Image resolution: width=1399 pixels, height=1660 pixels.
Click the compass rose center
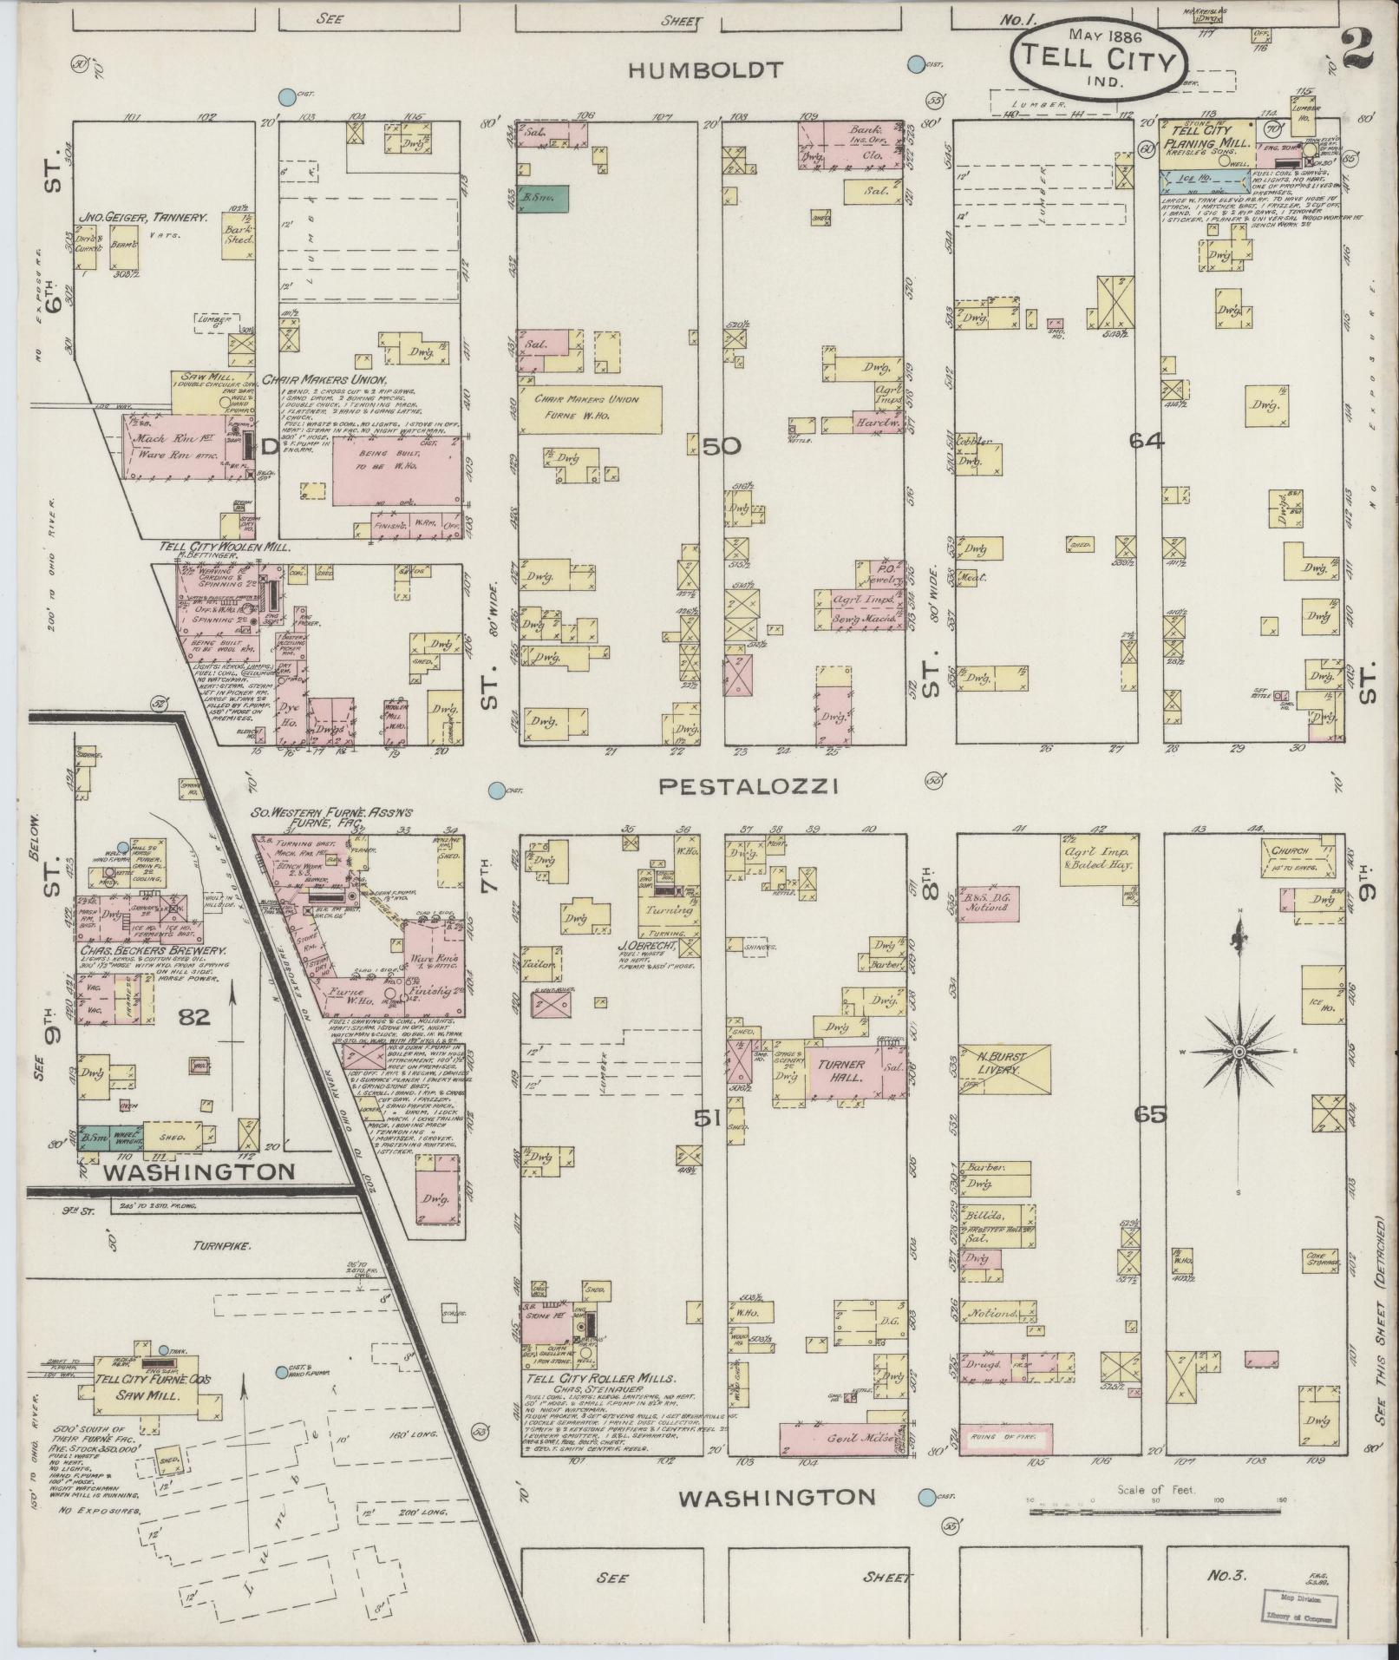1239,1051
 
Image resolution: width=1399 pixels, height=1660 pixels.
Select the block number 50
721,446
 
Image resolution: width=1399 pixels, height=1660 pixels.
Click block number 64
1147,441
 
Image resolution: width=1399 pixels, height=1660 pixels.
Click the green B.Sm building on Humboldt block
543,198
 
